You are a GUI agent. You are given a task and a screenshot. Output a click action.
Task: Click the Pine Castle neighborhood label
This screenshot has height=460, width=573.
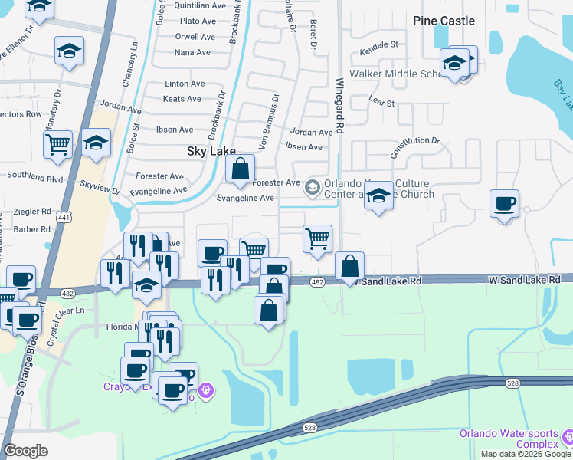[x=444, y=21]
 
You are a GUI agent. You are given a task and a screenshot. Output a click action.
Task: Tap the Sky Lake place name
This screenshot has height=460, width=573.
[x=211, y=152]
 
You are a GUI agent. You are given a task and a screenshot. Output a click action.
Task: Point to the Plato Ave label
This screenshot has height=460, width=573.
[x=198, y=21]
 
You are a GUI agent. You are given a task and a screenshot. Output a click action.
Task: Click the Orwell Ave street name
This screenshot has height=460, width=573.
[x=195, y=36]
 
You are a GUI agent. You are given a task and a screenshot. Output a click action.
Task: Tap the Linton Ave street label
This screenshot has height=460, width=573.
[x=185, y=84]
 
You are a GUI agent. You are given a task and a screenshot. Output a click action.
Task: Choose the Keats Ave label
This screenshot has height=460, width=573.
[x=182, y=99]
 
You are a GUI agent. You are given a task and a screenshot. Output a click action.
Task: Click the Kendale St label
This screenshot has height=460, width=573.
[x=379, y=44]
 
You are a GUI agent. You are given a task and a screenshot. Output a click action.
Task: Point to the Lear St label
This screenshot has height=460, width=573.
[x=381, y=101]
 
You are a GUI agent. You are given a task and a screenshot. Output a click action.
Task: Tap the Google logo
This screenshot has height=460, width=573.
[x=26, y=451]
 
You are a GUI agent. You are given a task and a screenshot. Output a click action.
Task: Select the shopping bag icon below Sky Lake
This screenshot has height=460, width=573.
[x=240, y=169]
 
